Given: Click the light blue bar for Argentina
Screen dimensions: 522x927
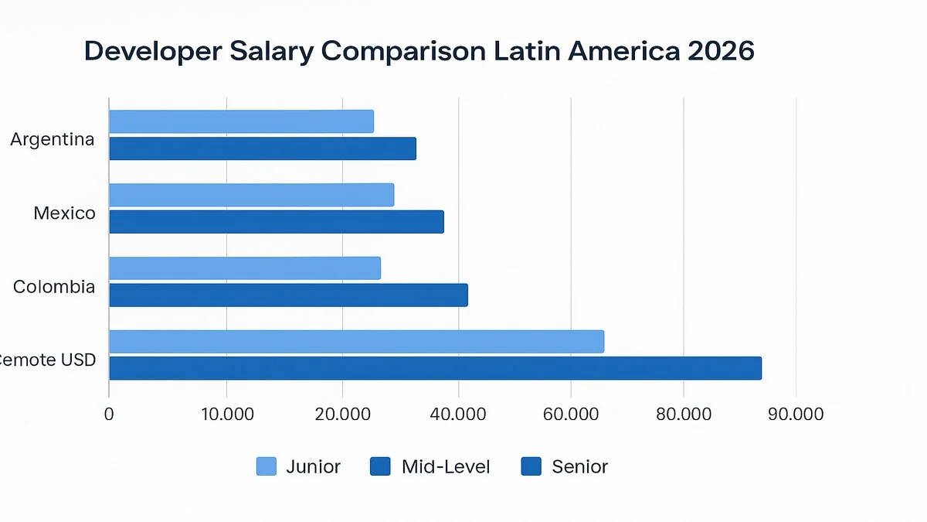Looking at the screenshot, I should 241,121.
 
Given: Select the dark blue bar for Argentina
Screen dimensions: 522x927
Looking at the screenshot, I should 263,148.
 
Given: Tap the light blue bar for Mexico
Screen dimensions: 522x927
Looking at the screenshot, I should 251,195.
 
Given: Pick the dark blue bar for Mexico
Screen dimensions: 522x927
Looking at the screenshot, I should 277,222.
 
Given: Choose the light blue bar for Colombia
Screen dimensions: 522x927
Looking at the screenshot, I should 245,268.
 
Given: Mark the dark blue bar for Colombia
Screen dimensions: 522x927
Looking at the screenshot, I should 288,295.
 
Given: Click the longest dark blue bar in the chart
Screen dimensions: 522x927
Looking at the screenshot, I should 435,368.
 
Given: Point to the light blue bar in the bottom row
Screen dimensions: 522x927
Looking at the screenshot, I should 356,341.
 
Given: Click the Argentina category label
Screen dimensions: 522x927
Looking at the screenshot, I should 53,140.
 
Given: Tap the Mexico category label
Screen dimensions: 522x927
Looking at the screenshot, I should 65,213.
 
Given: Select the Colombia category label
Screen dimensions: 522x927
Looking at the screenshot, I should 54,287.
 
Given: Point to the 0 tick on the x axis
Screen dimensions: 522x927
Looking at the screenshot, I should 109,414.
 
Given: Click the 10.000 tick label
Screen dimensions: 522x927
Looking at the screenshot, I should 226,414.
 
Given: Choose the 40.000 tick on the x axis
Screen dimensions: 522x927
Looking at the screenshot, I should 458,414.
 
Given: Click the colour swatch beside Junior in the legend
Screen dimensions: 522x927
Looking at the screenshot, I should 266,466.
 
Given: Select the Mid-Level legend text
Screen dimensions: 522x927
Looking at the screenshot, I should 446,466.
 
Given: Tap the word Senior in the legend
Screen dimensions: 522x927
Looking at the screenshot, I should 579,466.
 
